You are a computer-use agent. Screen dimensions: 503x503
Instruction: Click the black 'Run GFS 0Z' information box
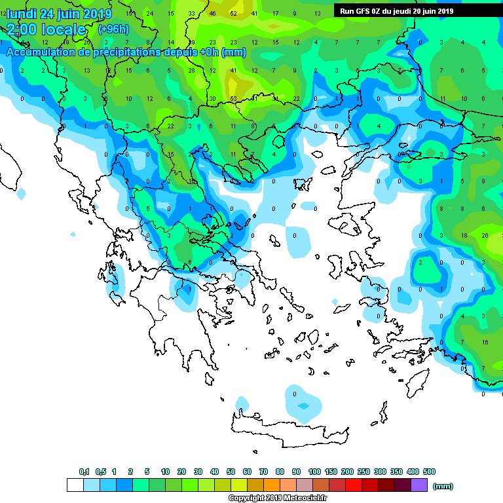(x=397, y=10)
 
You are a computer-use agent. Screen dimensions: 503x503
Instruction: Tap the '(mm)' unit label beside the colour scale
(x=443, y=486)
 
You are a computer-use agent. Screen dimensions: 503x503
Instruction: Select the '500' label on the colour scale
(x=429, y=472)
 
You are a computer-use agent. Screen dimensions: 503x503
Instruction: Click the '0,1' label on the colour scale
(x=84, y=472)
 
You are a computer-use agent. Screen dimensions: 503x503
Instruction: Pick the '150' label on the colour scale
(x=331, y=472)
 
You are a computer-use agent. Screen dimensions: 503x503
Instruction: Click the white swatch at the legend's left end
(x=75, y=485)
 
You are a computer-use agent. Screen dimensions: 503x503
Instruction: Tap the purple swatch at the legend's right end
(x=419, y=485)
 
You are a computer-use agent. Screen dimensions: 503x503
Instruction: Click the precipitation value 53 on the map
(x=233, y=99)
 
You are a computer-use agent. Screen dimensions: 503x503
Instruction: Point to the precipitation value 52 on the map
(x=233, y=13)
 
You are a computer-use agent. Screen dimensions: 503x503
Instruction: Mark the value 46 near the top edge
(x=213, y=13)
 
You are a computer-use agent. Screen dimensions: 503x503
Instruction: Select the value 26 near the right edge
(x=485, y=235)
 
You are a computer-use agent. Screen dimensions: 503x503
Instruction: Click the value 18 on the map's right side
(x=464, y=235)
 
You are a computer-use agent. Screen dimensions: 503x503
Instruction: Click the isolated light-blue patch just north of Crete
(x=301, y=401)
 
